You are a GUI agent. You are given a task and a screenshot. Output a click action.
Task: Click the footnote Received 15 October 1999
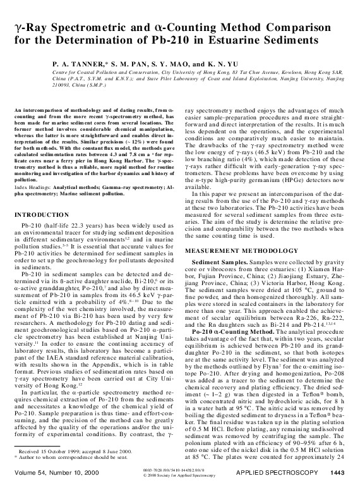pos(54,451)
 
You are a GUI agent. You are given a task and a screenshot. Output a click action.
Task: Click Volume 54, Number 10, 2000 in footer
pos(52,472)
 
